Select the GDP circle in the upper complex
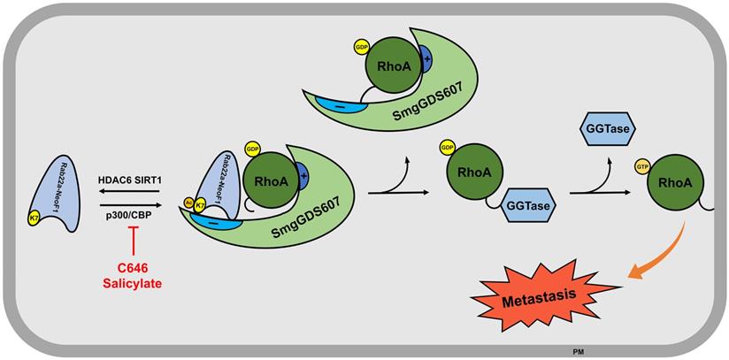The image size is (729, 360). (x=361, y=45)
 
